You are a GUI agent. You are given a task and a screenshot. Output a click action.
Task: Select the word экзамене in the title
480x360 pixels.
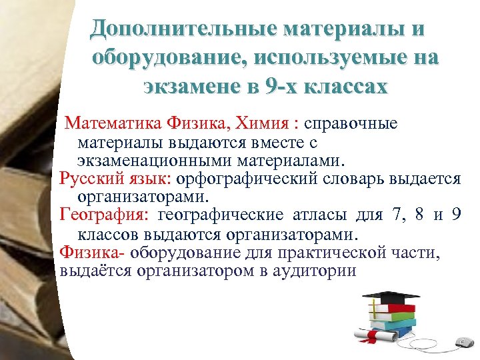point(187,87)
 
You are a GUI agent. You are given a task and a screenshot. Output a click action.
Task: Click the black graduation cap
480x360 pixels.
point(389,296)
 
